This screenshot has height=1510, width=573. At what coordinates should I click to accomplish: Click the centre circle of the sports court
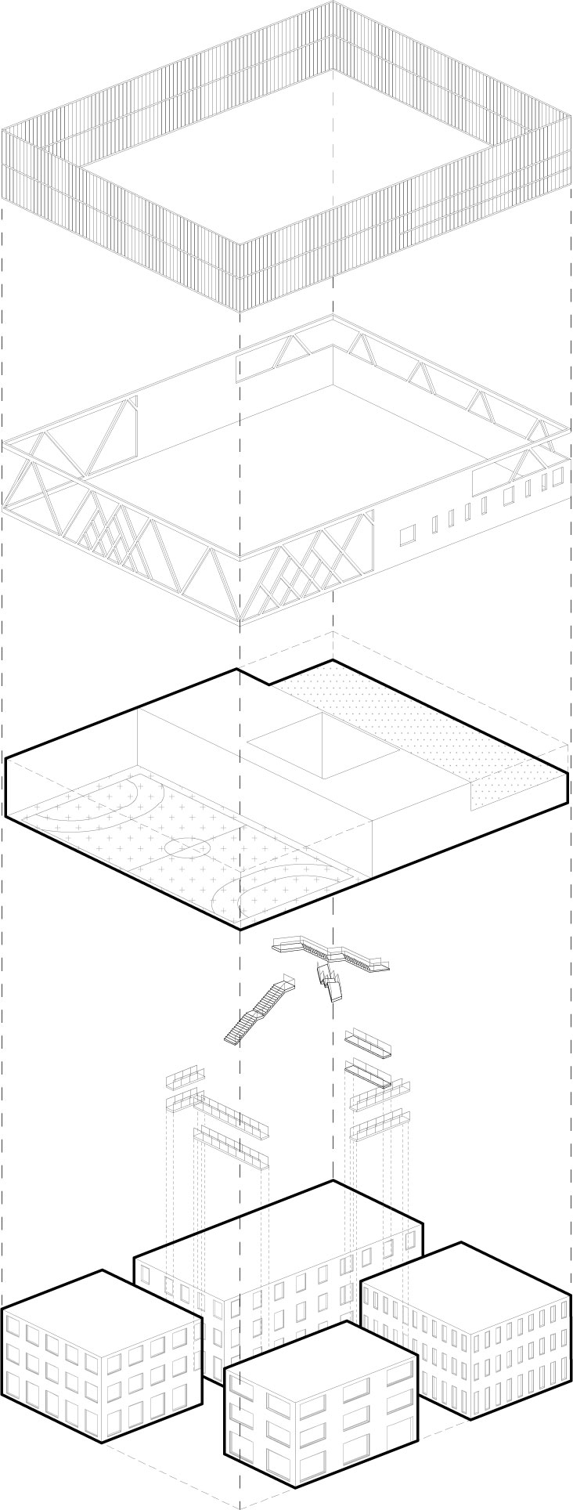186,847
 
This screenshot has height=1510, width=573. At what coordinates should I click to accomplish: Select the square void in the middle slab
322,744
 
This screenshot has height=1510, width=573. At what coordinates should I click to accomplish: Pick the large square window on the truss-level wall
408,536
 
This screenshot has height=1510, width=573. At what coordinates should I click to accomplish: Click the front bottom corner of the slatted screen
240,310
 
